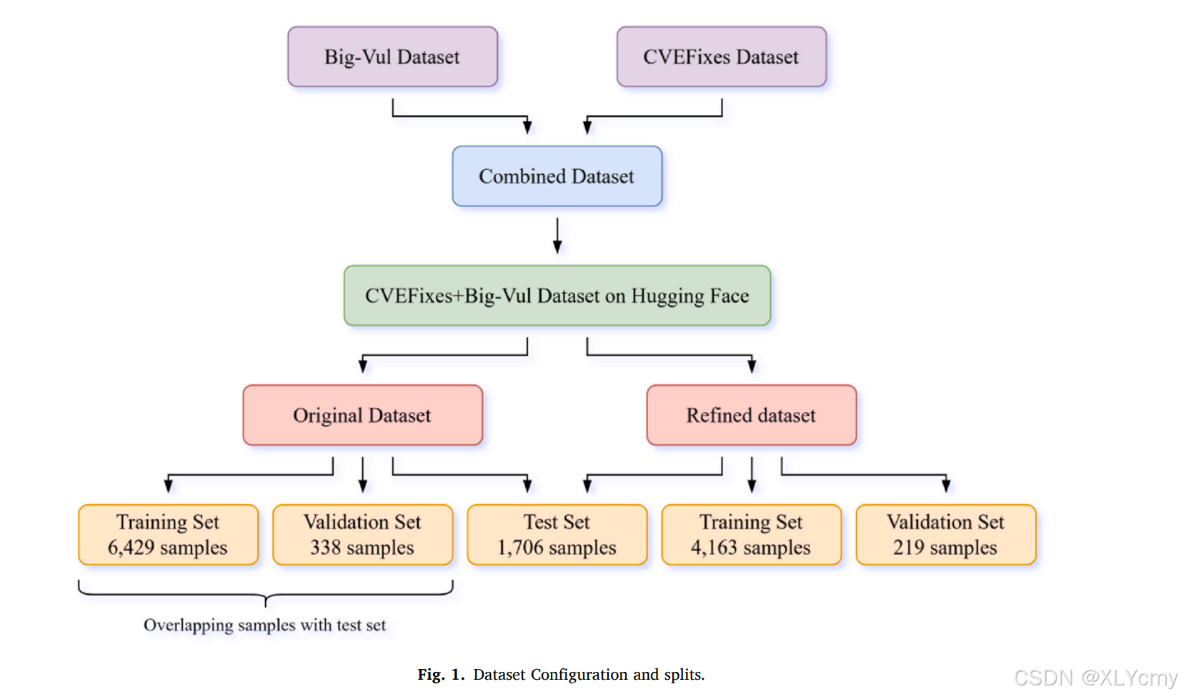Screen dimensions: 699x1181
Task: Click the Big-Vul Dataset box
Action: tap(392, 57)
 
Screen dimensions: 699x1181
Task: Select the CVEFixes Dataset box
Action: tap(721, 57)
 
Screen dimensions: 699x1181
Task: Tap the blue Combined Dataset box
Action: tap(557, 176)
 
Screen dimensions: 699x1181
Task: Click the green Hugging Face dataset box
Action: tap(557, 296)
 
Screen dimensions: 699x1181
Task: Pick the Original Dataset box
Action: tap(362, 416)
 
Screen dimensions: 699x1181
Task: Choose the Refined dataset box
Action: tap(751, 416)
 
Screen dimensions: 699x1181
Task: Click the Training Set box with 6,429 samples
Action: tap(168, 535)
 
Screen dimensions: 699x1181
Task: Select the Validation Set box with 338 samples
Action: tap(362, 535)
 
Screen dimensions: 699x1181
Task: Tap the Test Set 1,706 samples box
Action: tap(557, 535)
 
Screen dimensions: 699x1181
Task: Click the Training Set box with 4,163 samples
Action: tap(751, 535)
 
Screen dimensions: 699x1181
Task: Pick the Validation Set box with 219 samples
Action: tap(945, 535)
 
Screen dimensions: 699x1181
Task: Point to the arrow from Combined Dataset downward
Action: tap(557, 236)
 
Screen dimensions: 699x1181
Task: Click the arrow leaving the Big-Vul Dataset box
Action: tap(457, 116)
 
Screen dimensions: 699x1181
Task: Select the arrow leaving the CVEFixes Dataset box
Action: tap(654, 116)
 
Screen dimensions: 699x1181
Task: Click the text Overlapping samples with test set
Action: tap(264, 625)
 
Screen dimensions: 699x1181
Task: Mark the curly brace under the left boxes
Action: tap(265, 593)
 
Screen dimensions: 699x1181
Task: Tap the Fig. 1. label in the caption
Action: tap(441, 675)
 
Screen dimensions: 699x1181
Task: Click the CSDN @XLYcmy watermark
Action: tap(1095, 678)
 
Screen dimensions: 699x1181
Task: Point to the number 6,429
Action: tap(131, 548)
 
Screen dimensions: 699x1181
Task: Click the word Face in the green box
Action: tap(729, 296)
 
